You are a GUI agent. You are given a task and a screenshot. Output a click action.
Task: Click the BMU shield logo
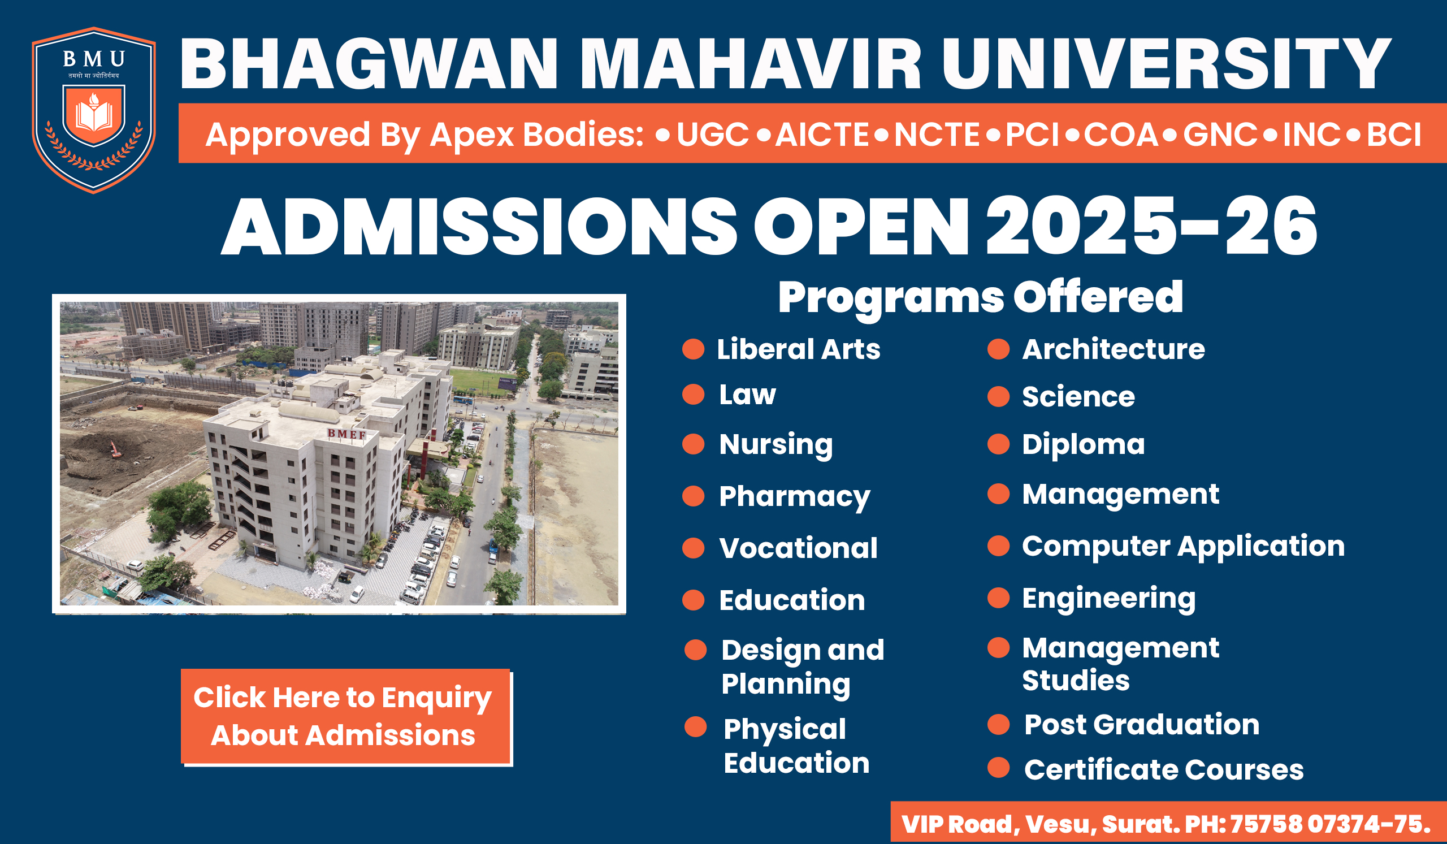click(x=94, y=110)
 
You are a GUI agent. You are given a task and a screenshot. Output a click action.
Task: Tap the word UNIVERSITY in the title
click(x=1166, y=64)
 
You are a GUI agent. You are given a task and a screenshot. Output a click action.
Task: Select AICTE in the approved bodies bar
click(x=822, y=135)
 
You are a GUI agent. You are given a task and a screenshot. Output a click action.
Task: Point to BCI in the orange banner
click(x=1394, y=135)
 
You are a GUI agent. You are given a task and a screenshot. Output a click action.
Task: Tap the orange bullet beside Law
click(x=693, y=395)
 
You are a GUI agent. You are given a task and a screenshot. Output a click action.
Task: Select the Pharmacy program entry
click(x=795, y=497)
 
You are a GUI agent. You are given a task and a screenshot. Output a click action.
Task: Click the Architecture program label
click(x=1114, y=349)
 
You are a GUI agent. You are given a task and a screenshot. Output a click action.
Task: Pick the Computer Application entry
click(x=1184, y=547)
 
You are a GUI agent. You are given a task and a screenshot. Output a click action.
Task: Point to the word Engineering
click(x=1109, y=599)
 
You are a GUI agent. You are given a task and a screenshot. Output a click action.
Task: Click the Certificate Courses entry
click(x=1164, y=769)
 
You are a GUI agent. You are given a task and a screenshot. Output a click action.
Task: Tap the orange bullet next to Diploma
click(x=999, y=444)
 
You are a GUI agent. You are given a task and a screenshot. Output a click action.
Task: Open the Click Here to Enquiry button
click(x=346, y=717)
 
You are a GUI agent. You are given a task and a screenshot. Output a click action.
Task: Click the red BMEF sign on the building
click(x=347, y=435)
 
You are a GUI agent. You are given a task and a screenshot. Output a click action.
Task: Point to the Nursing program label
click(x=776, y=445)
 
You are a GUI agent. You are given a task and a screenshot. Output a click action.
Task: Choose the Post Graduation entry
click(x=1142, y=725)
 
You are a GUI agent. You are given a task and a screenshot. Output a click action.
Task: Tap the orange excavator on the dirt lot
click(x=115, y=449)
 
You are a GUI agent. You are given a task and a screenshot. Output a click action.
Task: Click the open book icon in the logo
click(x=94, y=116)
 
